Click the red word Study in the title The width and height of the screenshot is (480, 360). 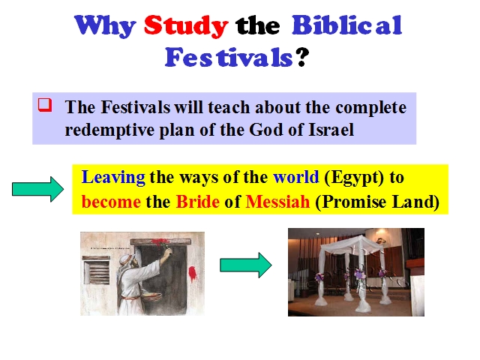pyautogui.click(x=186, y=26)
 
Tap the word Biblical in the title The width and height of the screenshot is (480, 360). pyautogui.click(x=346, y=25)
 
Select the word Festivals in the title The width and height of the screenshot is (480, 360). pyautogui.click(x=229, y=57)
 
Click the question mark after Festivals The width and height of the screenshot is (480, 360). pyautogui.click(x=301, y=57)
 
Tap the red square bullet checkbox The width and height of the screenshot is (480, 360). pyautogui.click(x=45, y=105)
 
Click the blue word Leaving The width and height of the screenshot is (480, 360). pyautogui.click(x=113, y=178)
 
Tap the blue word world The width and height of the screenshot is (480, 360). pyautogui.click(x=295, y=177)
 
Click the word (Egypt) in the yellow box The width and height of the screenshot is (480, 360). pyautogui.click(x=353, y=178)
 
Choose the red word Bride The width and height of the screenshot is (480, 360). pyautogui.click(x=198, y=202)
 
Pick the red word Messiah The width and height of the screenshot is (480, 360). pyautogui.click(x=277, y=202)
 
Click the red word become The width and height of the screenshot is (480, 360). pyautogui.click(x=111, y=202)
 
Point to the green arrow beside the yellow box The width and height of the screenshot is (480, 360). pyautogui.click(x=38, y=189)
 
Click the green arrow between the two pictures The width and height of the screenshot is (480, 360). pyautogui.click(x=246, y=265)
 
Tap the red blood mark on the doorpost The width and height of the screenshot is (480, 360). pyautogui.click(x=193, y=273)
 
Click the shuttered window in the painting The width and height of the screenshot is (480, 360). pyautogui.click(x=96, y=270)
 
